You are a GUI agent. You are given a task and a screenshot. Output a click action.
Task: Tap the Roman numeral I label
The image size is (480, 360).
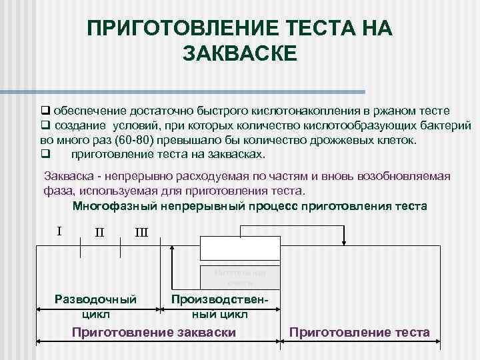coord(59,231)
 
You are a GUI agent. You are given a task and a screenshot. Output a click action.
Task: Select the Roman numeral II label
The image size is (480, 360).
coord(99,233)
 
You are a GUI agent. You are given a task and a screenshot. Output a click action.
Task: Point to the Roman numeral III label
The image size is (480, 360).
coord(141,233)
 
